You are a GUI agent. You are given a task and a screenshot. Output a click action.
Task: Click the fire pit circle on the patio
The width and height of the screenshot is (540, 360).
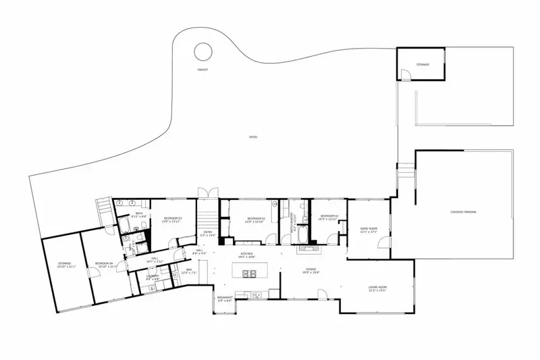[x=202, y=51]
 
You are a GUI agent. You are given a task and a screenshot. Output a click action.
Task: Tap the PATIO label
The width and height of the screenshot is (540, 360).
[x=253, y=137]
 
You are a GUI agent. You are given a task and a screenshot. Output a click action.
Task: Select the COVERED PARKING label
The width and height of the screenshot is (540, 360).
[x=463, y=212]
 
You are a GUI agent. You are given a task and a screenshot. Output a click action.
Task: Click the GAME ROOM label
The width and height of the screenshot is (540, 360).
[x=368, y=230]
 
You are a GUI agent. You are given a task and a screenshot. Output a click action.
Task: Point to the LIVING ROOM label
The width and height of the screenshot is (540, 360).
[x=377, y=287]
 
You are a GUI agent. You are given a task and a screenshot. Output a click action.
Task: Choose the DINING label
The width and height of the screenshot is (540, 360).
[x=310, y=270]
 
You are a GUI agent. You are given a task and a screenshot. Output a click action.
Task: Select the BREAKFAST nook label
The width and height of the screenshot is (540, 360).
[x=224, y=298]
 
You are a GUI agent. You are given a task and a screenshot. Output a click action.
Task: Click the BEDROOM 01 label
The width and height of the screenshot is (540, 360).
[x=328, y=216]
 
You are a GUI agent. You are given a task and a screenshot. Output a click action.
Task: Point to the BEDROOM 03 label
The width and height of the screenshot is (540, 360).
[x=172, y=219]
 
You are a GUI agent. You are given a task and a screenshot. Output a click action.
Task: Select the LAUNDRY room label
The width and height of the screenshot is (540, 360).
[x=153, y=276]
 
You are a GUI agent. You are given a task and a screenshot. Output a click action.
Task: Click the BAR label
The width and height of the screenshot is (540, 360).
[x=188, y=270]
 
